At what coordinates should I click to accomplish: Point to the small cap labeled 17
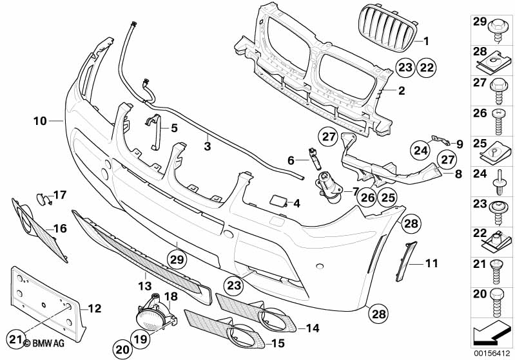click(44, 196)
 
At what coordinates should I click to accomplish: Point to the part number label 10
click(40, 120)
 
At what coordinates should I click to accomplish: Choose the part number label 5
click(173, 128)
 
